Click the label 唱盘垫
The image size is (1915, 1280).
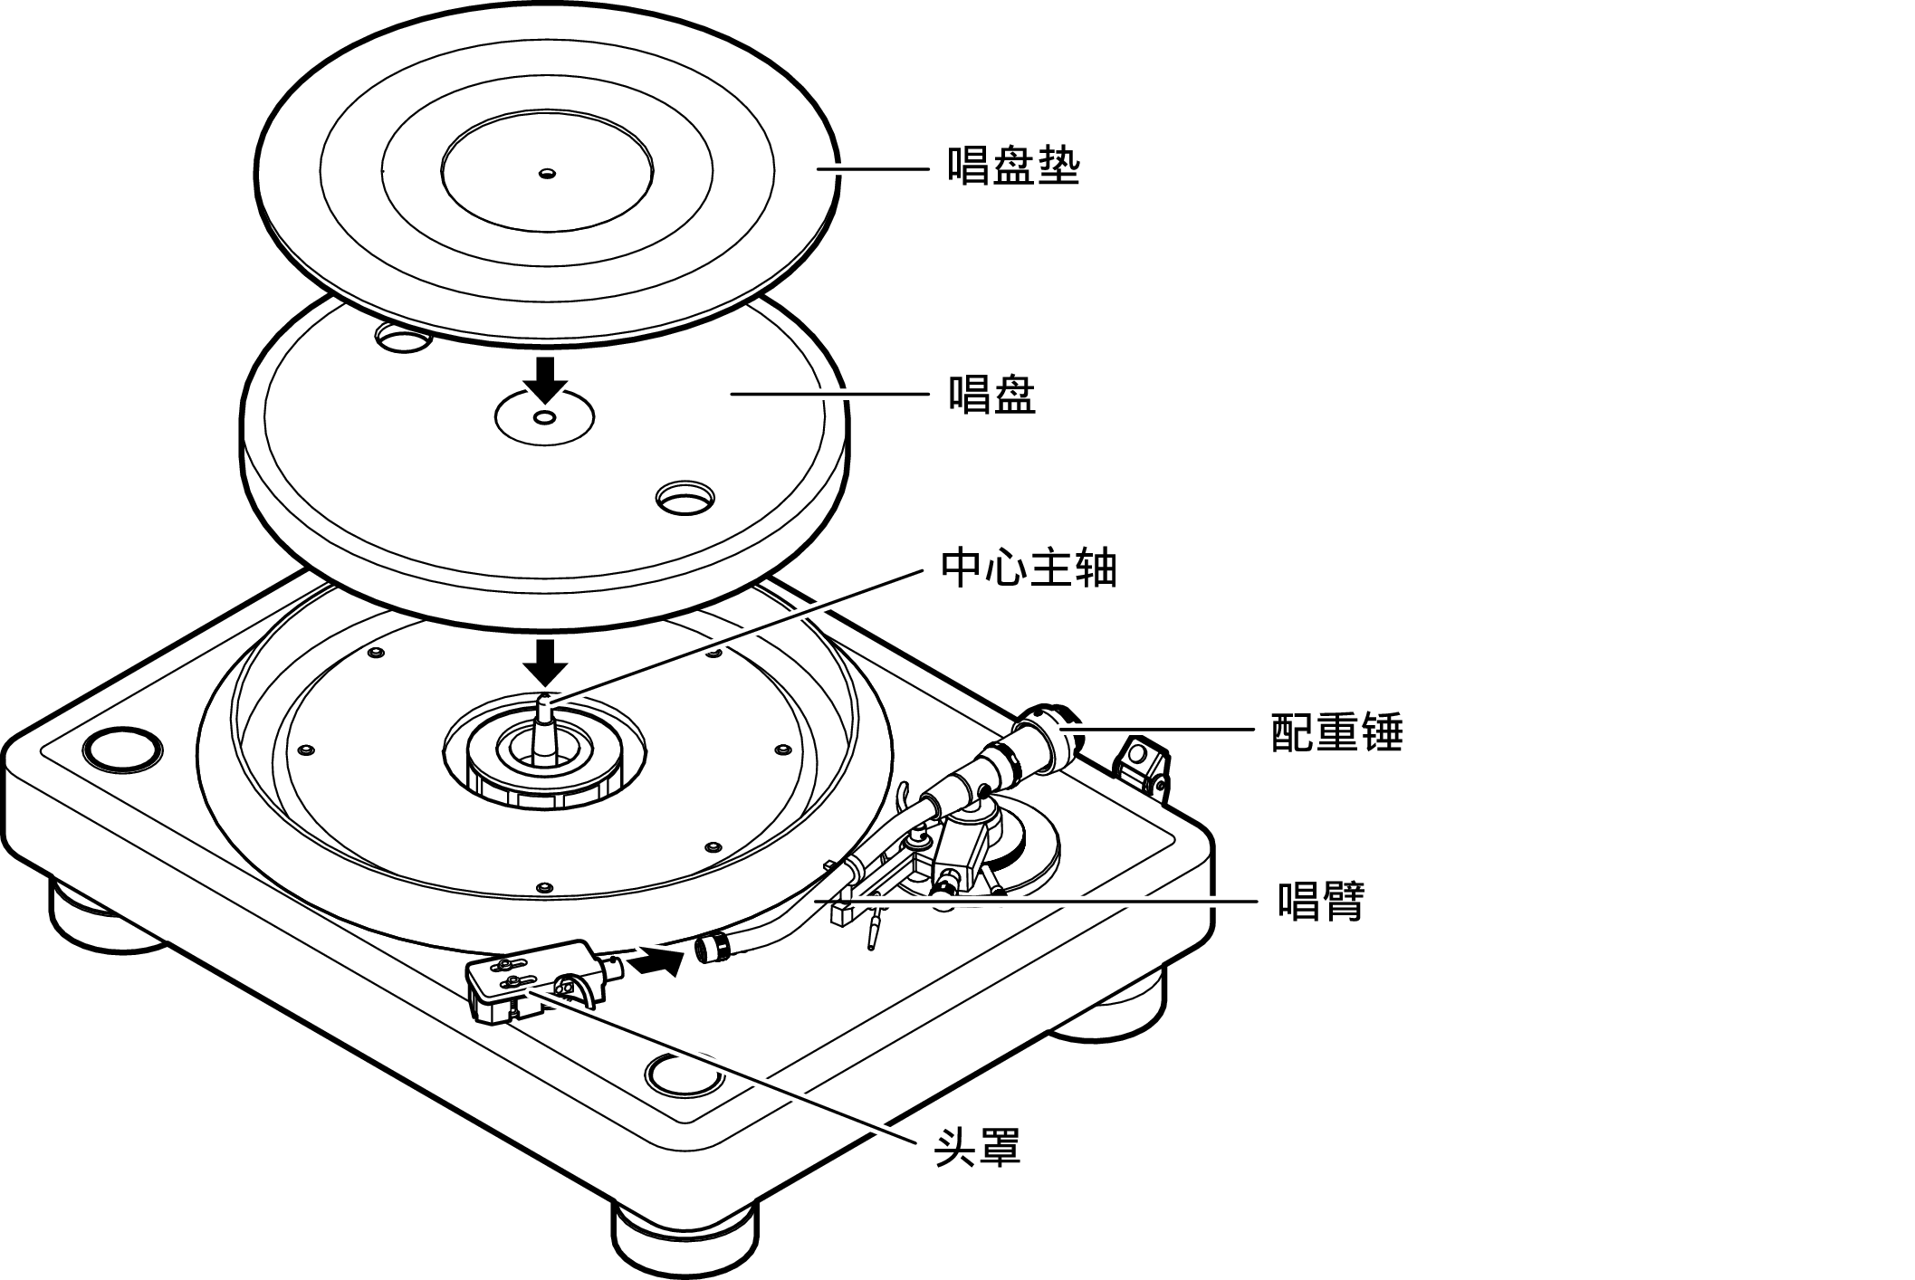coord(1014,167)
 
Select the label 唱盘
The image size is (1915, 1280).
coord(991,395)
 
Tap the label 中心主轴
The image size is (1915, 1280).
coord(1029,568)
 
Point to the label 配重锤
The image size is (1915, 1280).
coord(1337,731)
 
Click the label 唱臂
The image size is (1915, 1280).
coord(1321,901)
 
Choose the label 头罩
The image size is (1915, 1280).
coord(977,1147)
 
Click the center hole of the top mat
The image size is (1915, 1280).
coord(546,173)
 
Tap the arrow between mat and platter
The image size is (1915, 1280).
coord(545,378)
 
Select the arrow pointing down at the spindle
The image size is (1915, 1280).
coord(545,662)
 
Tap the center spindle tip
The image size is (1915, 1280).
coord(546,701)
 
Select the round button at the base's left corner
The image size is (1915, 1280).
coord(122,749)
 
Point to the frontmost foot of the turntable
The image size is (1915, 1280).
coord(684,1240)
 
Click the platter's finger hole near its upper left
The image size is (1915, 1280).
coord(402,338)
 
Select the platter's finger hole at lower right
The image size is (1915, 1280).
coord(685,497)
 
